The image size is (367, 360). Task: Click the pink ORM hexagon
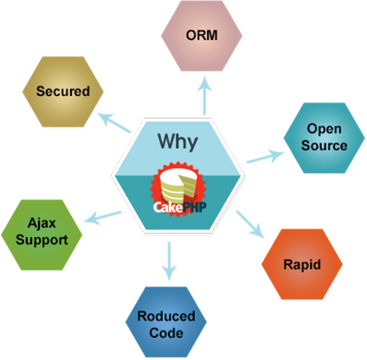(x=201, y=37)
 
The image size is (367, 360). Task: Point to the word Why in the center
(x=181, y=140)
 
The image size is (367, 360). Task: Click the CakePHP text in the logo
(x=180, y=207)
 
